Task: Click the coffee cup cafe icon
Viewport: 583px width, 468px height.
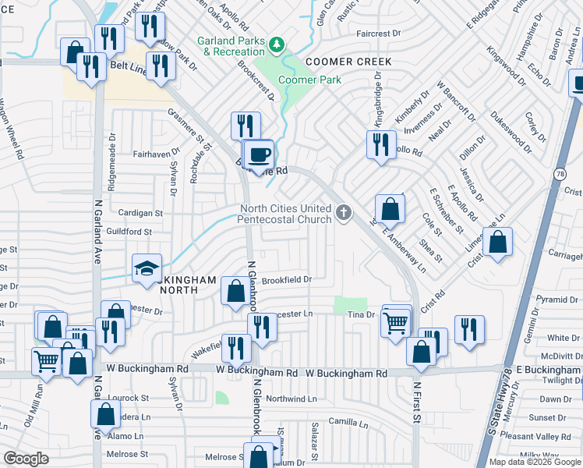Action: (260, 153)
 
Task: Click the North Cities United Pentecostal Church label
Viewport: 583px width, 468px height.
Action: (284, 214)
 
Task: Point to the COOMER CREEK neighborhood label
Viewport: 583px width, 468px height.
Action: (348, 62)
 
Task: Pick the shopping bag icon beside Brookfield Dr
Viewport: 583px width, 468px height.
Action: (235, 291)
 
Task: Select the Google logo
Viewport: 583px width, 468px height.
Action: (26, 459)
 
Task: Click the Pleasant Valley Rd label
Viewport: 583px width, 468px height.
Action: (535, 436)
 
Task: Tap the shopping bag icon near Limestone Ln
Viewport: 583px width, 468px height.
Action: (497, 243)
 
